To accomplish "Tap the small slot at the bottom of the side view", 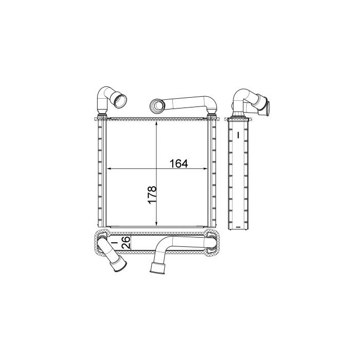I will [238, 226].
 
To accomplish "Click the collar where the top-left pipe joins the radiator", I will [101, 114].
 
